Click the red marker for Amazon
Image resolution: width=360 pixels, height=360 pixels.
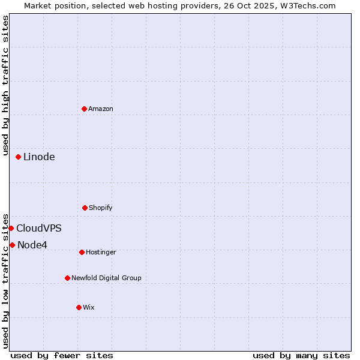click(x=85, y=109)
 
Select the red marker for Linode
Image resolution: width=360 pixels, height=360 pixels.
click(x=19, y=157)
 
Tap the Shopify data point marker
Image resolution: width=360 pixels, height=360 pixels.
click(x=85, y=208)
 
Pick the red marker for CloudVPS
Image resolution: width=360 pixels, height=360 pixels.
click(x=11, y=228)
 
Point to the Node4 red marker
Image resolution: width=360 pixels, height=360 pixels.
click(x=12, y=245)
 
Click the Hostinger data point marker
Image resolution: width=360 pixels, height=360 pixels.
click(x=82, y=252)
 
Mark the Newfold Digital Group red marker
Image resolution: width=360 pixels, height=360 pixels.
click(x=67, y=278)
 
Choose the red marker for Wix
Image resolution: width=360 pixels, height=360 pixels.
click(x=79, y=307)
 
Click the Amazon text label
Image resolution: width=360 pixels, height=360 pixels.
click(x=101, y=109)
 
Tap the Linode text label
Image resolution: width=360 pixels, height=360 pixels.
click(x=39, y=157)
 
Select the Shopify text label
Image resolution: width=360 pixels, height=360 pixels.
click(x=101, y=208)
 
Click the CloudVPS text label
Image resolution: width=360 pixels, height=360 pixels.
click(x=39, y=229)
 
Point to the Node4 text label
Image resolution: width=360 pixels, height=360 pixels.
click(x=32, y=245)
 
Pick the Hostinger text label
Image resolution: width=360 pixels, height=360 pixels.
click(x=101, y=252)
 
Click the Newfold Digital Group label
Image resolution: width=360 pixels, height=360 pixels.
click(x=106, y=278)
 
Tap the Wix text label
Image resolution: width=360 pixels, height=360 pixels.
click(x=89, y=307)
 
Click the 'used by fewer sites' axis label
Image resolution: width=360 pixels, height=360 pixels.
click(x=62, y=355)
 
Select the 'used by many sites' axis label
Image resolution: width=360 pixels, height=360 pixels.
click(x=301, y=355)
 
